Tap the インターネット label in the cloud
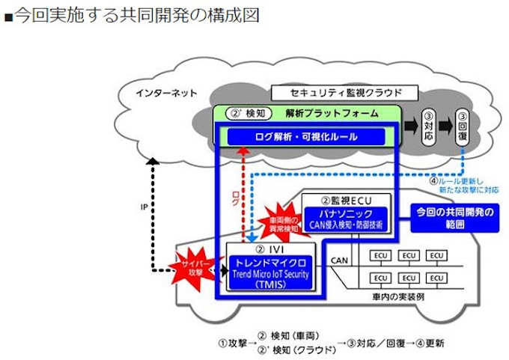(x=166, y=94)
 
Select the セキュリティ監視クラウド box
(x=344, y=93)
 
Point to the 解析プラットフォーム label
(x=332, y=114)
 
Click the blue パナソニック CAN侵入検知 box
(x=346, y=219)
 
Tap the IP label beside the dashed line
(x=144, y=207)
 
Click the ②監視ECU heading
(x=346, y=200)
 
